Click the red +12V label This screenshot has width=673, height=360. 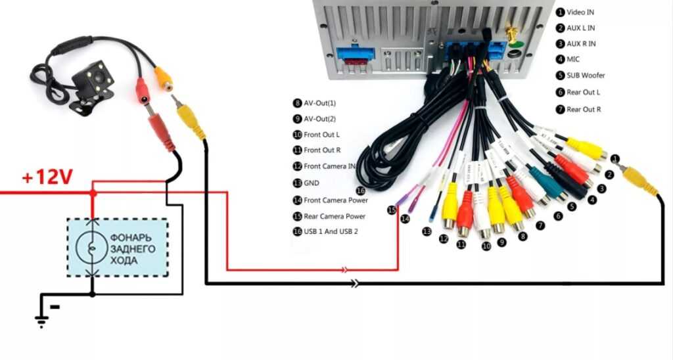46,177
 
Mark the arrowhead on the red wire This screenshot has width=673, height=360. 344,269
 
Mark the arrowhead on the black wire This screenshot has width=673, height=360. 356,284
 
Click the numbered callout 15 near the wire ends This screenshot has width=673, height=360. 392,210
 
